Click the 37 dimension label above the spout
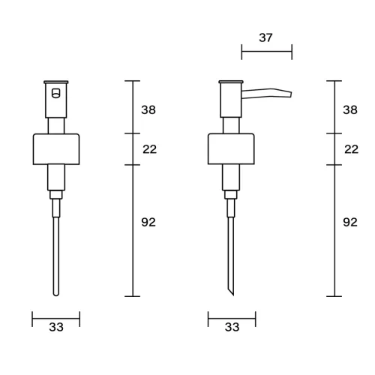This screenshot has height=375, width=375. coord(265,37)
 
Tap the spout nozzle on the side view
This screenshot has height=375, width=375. coord(266,93)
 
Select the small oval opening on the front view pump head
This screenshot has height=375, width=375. coord(56,93)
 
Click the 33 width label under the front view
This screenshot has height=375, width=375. coord(56,327)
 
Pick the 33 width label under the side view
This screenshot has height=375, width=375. coord(232,327)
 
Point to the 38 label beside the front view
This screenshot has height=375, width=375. coord(148,110)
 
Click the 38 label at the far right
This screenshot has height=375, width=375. coord(350,110)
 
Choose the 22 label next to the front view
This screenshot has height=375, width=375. coord(150,149)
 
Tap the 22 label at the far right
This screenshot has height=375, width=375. coord(352,149)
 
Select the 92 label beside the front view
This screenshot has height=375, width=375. coord(148,222)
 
